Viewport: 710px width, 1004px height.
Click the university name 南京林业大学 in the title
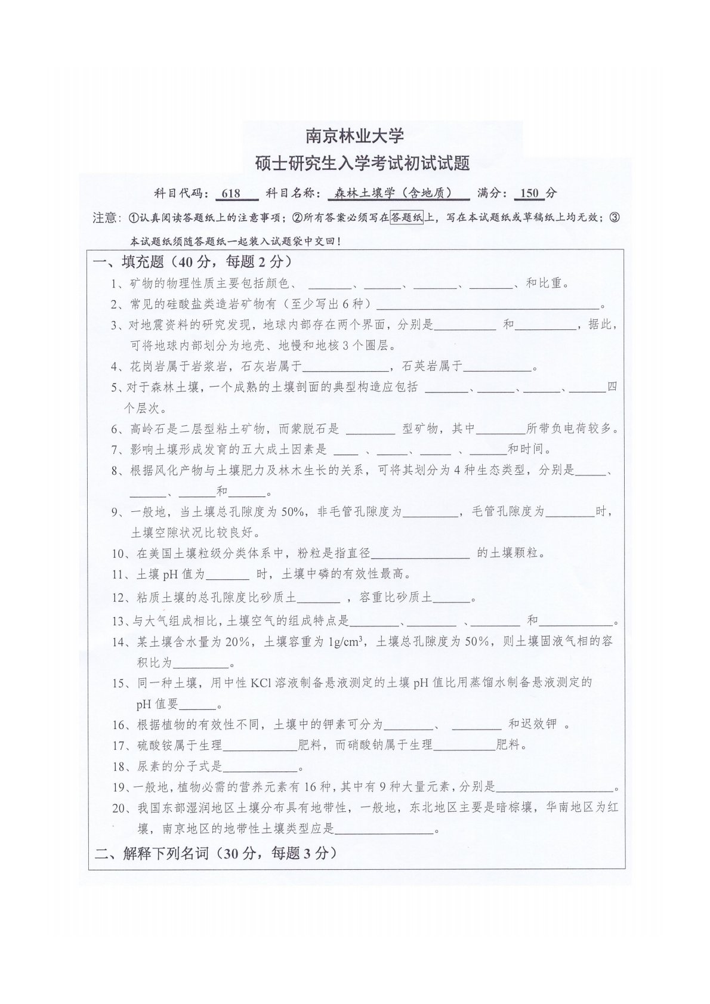[x=354, y=136]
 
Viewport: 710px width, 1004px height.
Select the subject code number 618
[x=230, y=193]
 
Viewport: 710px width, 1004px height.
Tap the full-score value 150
[x=529, y=193]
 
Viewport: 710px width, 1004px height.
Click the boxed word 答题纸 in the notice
[x=406, y=218]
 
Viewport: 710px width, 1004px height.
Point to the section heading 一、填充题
[x=129, y=262]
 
